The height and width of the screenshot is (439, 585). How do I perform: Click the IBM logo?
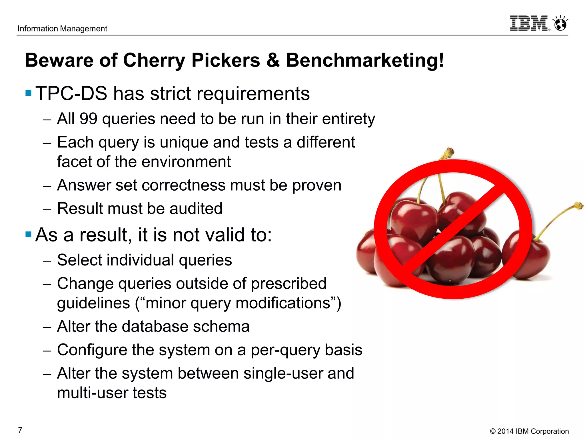click(529, 23)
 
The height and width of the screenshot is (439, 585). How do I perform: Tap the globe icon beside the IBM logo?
click(560, 23)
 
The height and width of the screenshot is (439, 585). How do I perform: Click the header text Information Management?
click(62, 29)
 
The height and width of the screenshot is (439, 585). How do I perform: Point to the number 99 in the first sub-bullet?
click(88, 119)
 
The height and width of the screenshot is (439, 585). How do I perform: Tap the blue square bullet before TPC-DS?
click(28, 93)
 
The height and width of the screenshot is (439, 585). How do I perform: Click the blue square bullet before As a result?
click(28, 234)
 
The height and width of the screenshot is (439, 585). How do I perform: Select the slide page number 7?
click(20, 430)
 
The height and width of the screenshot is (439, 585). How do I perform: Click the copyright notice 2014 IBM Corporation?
click(529, 431)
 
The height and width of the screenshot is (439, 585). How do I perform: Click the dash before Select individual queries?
click(47, 261)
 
